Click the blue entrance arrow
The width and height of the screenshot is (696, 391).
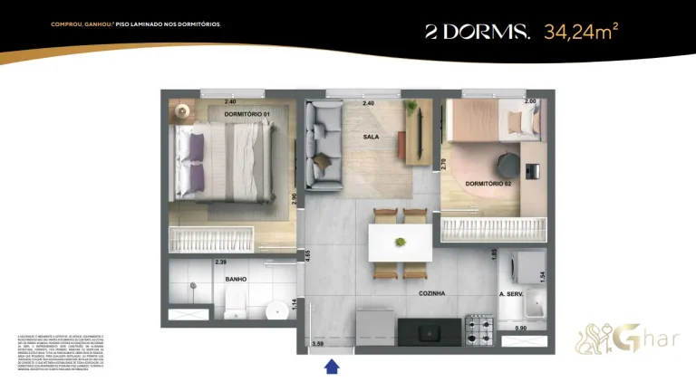(x=332, y=365)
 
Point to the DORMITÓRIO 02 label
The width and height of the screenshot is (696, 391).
(x=490, y=184)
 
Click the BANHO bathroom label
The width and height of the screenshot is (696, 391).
(x=237, y=280)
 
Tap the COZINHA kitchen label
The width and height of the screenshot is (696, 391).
(x=431, y=293)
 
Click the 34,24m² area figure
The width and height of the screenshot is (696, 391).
(x=581, y=33)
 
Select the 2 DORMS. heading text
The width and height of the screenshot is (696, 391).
(x=478, y=33)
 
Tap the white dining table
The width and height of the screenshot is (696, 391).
(x=400, y=243)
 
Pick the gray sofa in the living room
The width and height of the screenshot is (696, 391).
(x=323, y=142)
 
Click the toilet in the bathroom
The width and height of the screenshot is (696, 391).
(x=275, y=311)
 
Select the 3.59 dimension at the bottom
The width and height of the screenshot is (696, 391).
(x=317, y=343)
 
